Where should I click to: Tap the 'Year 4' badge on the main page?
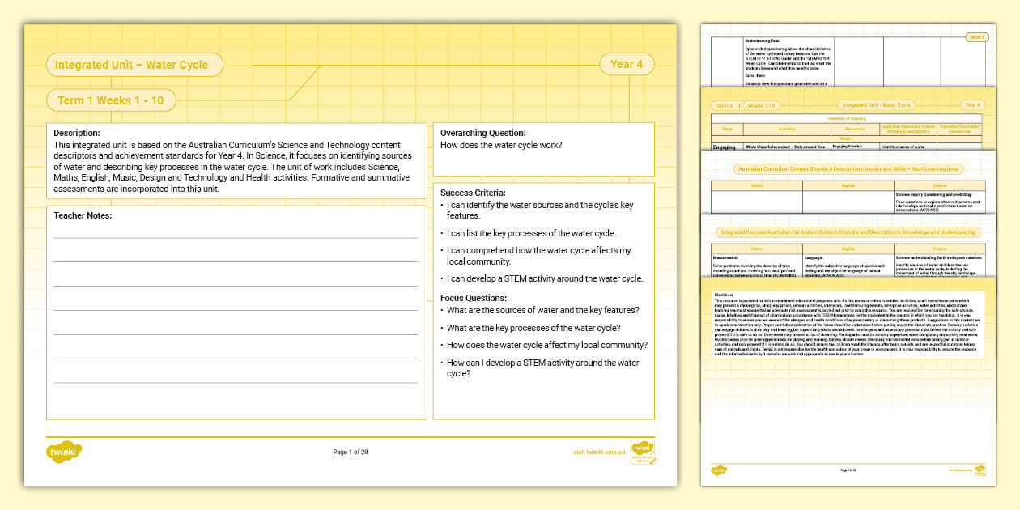tap(627, 64)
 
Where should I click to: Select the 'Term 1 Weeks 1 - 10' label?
tap(110, 100)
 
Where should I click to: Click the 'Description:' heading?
tap(77, 133)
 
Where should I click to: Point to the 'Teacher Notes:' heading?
tap(83, 215)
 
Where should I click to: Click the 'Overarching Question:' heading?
tap(482, 133)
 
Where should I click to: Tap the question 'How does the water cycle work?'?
tap(500, 146)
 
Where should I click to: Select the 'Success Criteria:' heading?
tap(473, 193)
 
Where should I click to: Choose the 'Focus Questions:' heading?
tap(473, 297)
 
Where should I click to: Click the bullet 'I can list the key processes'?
tap(531, 233)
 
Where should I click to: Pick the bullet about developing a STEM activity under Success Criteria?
tap(545, 278)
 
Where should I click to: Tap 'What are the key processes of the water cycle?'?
tap(533, 328)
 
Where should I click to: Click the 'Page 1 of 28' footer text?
tap(351, 452)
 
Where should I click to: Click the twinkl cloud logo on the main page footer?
tap(64, 451)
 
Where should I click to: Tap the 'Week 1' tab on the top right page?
tap(977, 37)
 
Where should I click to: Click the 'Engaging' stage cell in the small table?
tap(723, 147)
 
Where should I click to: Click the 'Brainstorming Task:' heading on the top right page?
tap(763, 40)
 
